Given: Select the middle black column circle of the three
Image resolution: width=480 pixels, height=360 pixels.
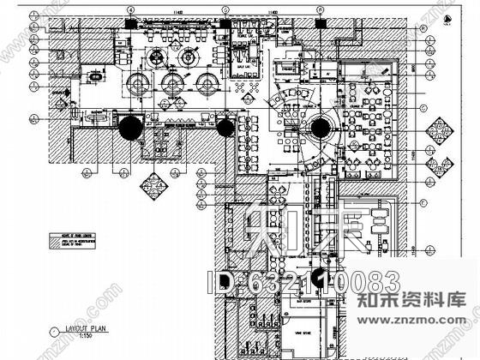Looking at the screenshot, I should [225, 128].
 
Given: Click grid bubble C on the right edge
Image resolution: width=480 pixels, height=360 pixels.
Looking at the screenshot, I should [423, 108].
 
